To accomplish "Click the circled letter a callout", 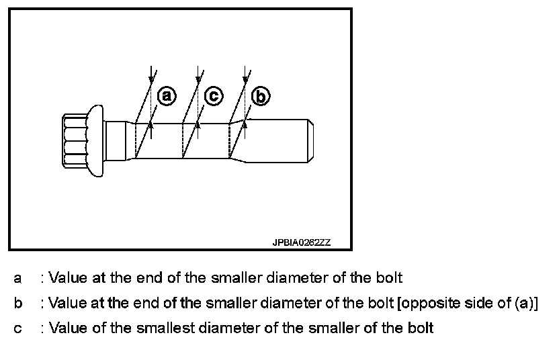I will click(x=166, y=96).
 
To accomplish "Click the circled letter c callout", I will click(x=213, y=96).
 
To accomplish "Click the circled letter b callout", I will click(x=260, y=97).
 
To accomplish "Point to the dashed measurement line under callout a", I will click(x=136, y=140).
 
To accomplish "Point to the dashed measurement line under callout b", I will click(x=230, y=140).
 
